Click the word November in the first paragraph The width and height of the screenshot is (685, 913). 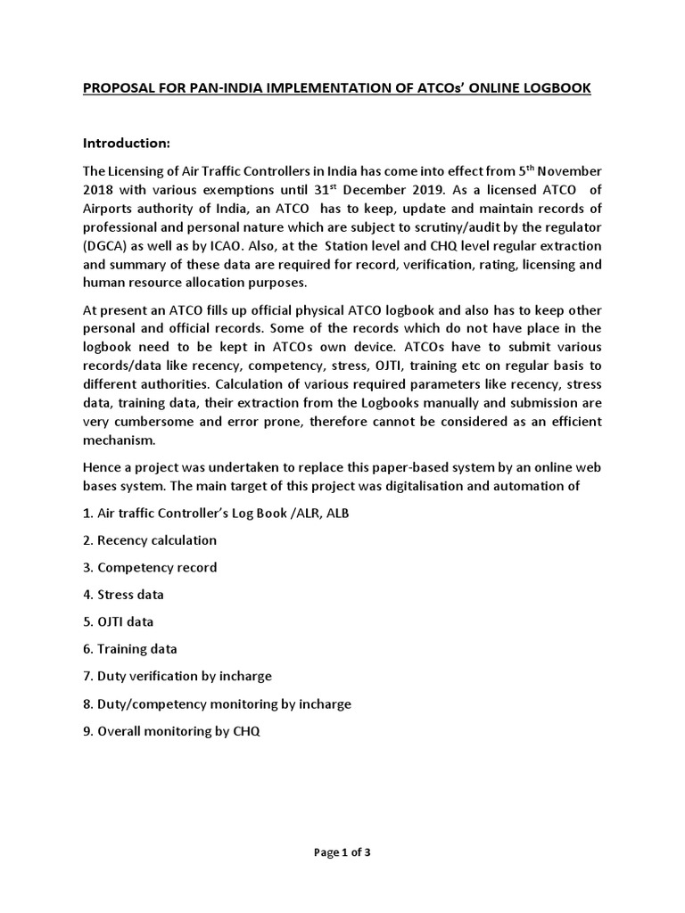click(564, 171)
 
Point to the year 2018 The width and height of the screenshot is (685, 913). click(100, 189)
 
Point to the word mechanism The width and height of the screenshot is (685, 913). click(119, 440)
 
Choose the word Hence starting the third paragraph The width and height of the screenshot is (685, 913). click(101, 468)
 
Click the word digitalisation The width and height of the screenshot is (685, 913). click(425, 487)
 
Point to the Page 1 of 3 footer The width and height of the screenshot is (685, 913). click(342, 851)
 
